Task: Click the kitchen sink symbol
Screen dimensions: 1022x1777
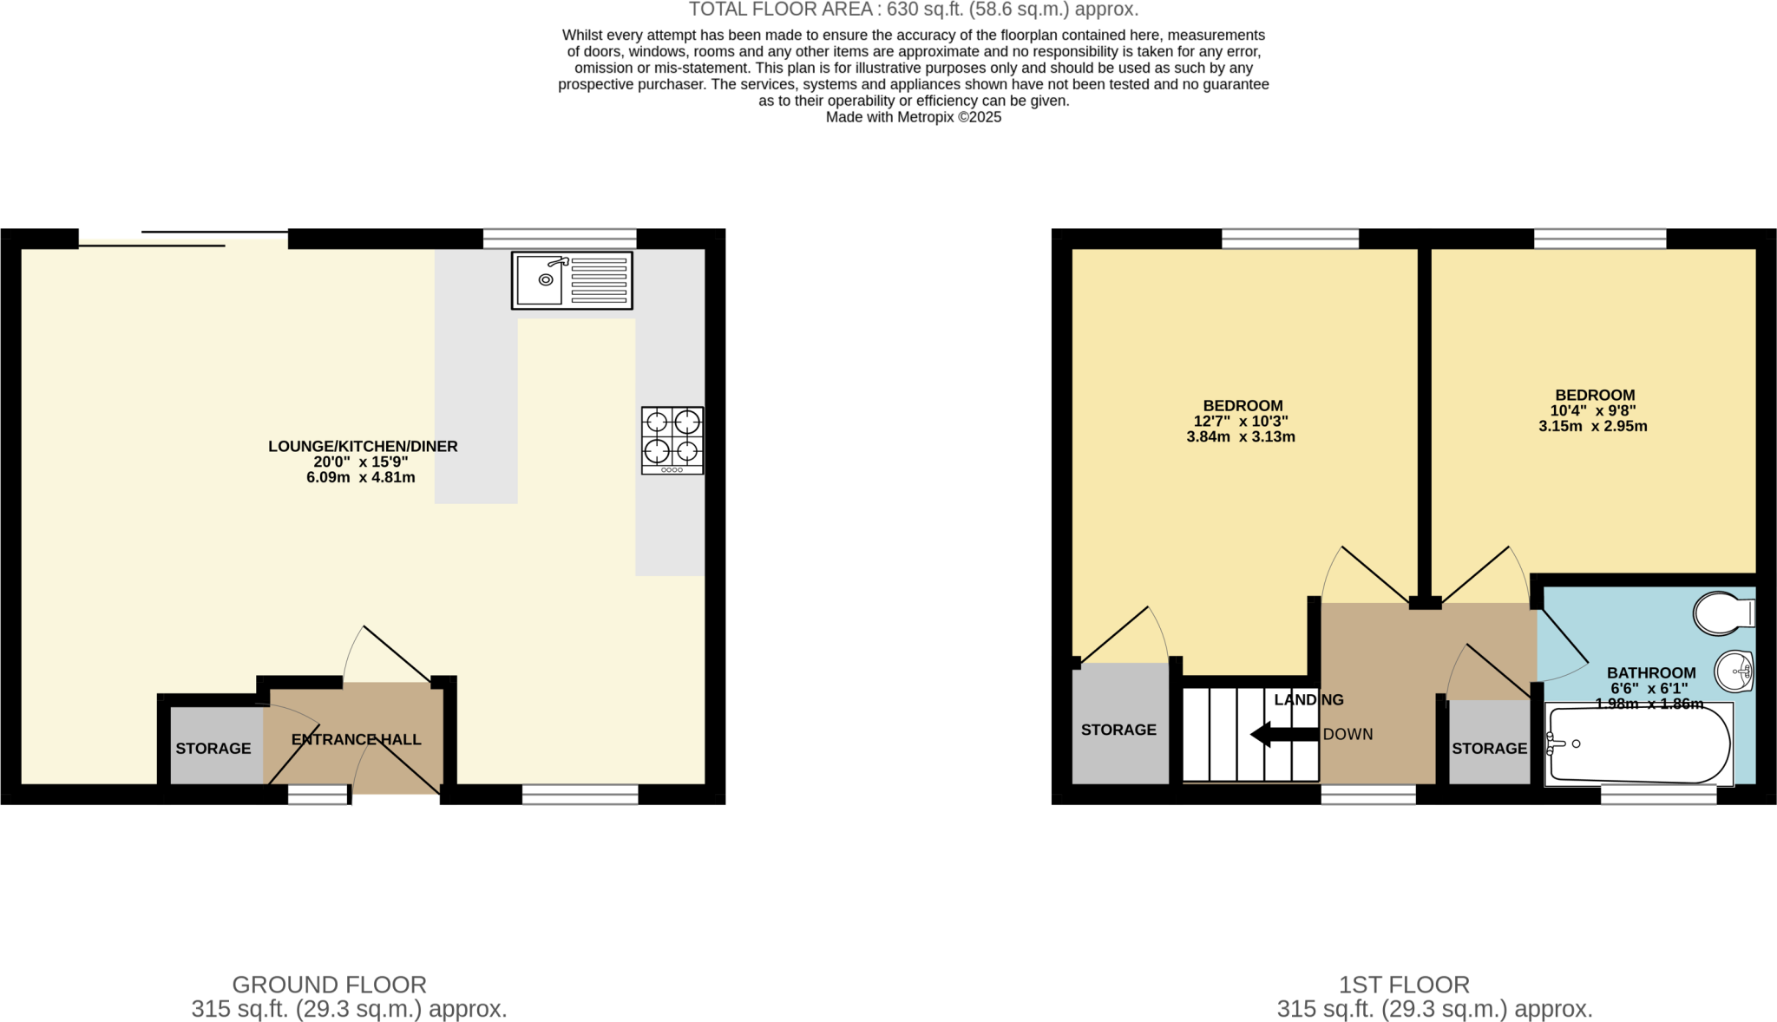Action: pyautogui.click(x=571, y=280)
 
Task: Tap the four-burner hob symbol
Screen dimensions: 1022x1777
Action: pyautogui.click(x=672, y=440)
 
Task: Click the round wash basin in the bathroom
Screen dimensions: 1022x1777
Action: pyautogui.click(x=1734, y=672)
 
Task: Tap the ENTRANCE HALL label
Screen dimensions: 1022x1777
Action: pyautogui.click(x=356, y=740)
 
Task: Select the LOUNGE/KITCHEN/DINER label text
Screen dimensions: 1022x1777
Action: pyautogui.click(x=363, y=446)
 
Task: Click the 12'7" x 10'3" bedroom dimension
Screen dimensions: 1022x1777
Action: pyautogui.click(x=1241, y=422)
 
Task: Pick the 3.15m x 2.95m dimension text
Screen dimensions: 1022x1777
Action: pyautogui.click(x=1592, y=426)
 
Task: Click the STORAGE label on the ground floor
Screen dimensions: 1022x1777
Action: pyautogui.click(x=213, y=749)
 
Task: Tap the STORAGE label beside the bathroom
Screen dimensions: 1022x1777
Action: pyautogui.click(x=1489, y=749)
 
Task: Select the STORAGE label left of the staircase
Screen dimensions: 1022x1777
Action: pyautogui.click(x=1118, y=730)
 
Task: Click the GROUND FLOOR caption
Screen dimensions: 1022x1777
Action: pyautogui.click(x=329, y=985)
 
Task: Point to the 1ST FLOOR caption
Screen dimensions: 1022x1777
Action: pyautogui.click(x=1404, y=985)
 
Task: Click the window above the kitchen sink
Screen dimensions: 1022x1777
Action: pyautogui.click(x=560, y=238)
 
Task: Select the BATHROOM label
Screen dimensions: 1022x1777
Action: pyautogui.click(x=1650, y=673)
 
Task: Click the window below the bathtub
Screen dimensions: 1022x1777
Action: pyautogui.click(x=1658, y=795)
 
